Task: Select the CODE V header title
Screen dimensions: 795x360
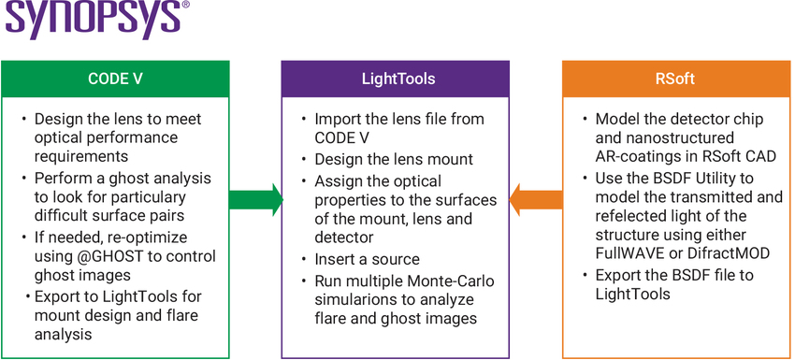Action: (x=114, y=79)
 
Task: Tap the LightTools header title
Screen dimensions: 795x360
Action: (x=397, y=79)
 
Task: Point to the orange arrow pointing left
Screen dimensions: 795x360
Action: (x=536, y=198)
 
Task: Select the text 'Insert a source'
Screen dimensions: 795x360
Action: (x=367, y=259)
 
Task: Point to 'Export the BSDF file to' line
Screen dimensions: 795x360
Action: (x=674, y=275)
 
